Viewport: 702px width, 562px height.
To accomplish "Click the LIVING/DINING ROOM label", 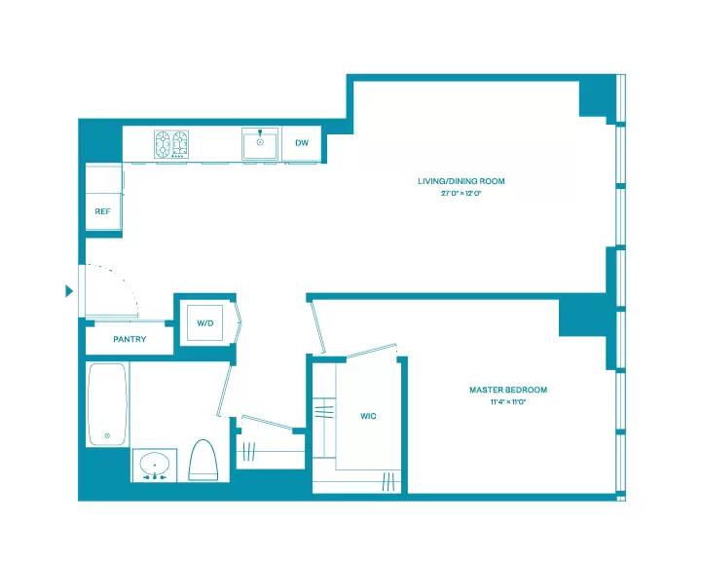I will (x=475, y=181).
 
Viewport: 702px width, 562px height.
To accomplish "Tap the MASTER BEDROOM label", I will (x=508, y=390).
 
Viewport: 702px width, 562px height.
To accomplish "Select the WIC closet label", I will (x=368, y=416).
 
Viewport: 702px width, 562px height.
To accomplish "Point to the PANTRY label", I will (x=129, y=339).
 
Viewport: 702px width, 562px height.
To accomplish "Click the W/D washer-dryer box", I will (x=205, y=322).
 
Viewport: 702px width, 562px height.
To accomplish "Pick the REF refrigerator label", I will (x=102, y=211).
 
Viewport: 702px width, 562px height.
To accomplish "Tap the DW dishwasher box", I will (x=302, y=143).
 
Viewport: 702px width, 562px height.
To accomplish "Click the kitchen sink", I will (x=261, y=144).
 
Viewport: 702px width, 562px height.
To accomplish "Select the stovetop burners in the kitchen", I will (x=171, y=144).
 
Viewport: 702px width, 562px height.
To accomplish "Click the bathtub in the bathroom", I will (x=106, y=404).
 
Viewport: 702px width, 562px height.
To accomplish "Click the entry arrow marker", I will (x=68, y=290).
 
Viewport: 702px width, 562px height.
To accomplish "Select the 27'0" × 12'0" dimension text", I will (x=462, y=194).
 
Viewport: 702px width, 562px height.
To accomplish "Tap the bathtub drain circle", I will (x=107, y=435).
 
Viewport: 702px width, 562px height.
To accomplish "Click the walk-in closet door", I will (x=370, y=352).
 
